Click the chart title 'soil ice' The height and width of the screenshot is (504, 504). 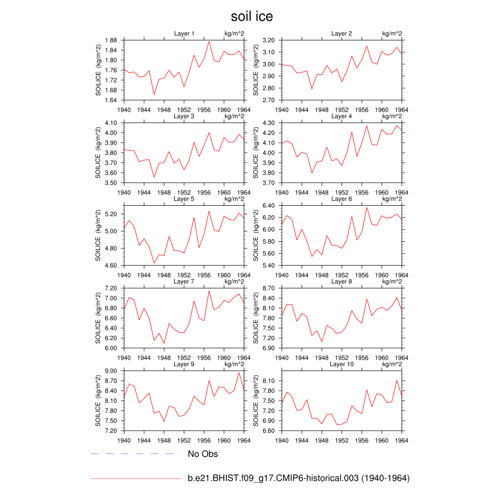coord(252,17)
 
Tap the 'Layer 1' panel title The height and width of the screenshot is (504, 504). coord(184,33)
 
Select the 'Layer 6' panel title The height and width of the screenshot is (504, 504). coord(342,199)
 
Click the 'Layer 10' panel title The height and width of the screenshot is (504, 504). coord(342,364)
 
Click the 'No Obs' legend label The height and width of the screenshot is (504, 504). coord(203,454)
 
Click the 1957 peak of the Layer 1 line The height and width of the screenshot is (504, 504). coord(209,41)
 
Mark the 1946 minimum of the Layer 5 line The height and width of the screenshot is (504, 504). coord(154,263)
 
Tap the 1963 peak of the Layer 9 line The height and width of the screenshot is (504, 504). coord(239,373)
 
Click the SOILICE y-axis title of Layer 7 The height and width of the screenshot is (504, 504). coord(98,317)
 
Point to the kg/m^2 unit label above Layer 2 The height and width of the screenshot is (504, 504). coord(392,33)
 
